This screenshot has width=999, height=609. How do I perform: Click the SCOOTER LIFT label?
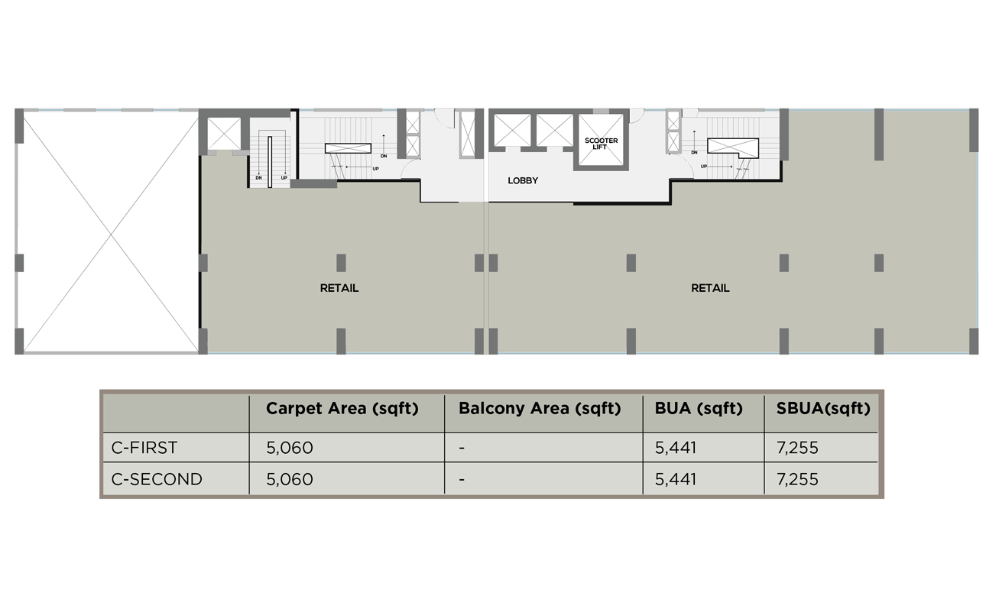601,144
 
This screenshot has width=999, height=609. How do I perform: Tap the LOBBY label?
523,180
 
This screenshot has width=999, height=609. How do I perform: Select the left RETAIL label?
339,288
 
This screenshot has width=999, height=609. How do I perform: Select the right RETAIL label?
710,288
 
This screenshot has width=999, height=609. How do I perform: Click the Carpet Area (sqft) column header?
342,408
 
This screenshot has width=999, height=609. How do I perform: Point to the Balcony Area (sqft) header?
540,408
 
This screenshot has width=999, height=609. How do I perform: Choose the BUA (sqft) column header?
699,408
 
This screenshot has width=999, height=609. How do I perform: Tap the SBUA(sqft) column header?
823,408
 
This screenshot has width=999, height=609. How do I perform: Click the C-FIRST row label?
144,448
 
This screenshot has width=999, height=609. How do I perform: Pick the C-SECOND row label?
157,479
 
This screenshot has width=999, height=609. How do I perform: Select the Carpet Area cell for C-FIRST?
290,448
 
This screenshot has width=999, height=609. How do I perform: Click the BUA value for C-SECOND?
675,479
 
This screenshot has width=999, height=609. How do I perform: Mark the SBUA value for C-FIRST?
797,448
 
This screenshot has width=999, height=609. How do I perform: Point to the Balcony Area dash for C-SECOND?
462,480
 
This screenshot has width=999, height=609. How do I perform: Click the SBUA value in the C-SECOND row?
797,479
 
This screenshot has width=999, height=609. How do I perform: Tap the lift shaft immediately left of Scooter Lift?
554,130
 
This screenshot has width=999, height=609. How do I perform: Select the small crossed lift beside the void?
224,133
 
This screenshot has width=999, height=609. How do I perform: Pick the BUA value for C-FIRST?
675,448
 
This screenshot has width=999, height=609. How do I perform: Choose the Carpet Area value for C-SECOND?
290,479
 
